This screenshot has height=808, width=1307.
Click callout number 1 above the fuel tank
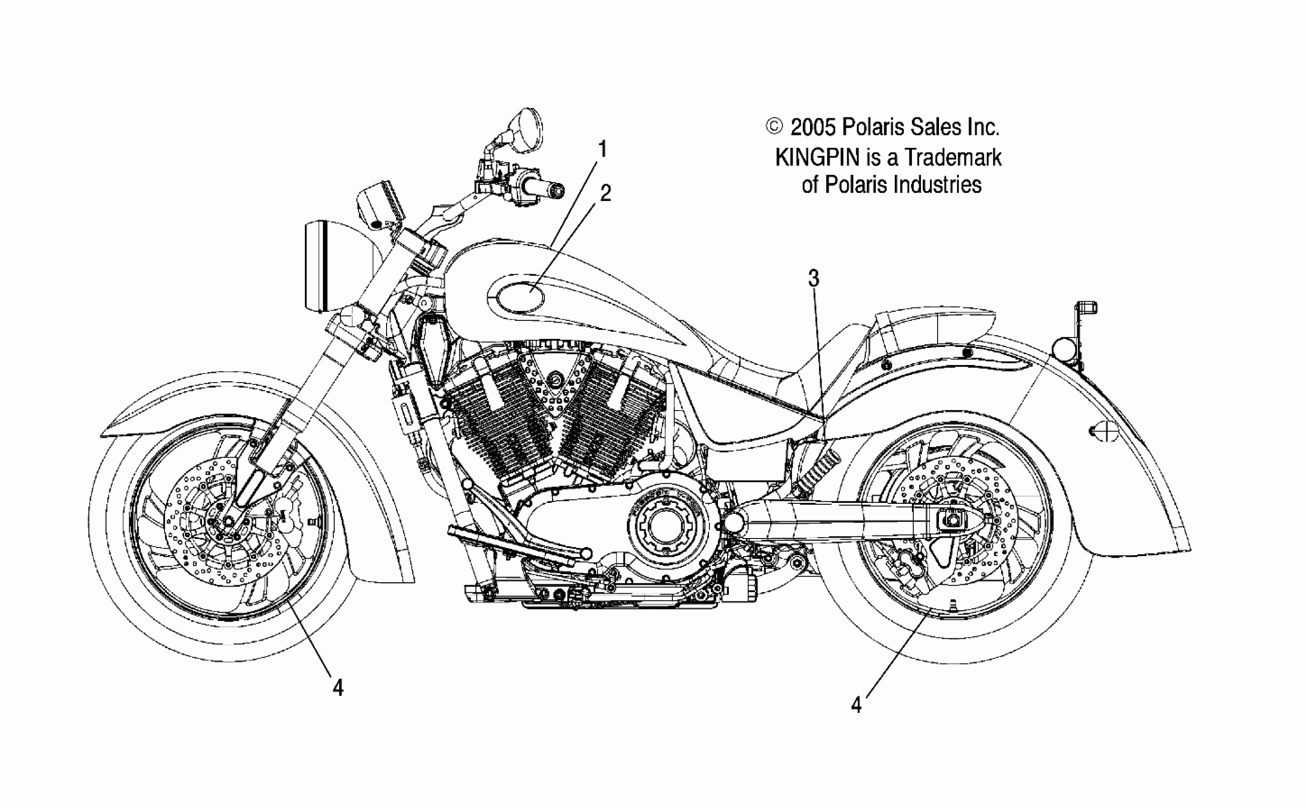click(x=602, y=150)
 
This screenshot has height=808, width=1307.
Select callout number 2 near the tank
click(x=606, y=193)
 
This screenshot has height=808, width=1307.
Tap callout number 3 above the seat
click(x=813, y=279)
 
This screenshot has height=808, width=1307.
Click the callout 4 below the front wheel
click(x=338, y=687)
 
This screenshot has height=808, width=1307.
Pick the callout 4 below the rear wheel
click(x=856, y=705)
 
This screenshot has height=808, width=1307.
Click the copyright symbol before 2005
click(x=774, y=126)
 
